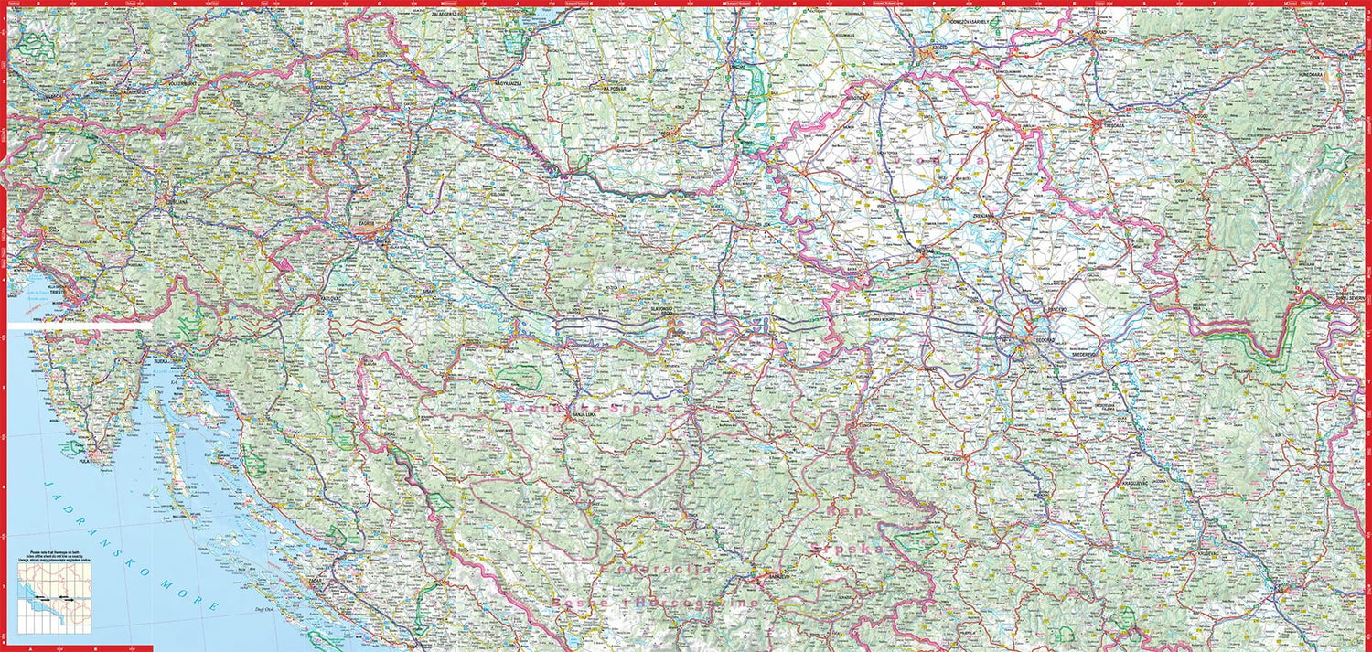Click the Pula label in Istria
[x=85, y=463]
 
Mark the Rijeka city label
[x=160, y=361]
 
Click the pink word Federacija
[x=656, y=570]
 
